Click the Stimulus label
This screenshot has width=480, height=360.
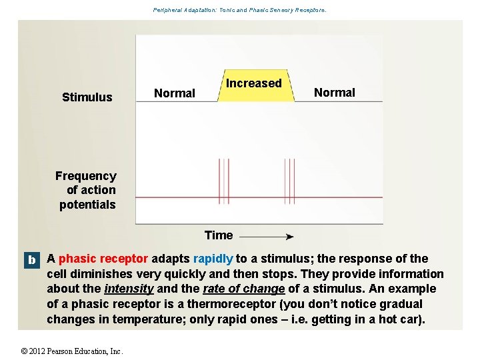pos(87,97)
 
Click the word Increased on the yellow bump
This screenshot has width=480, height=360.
pos(253,83)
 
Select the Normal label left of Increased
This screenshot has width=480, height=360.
pos(175,93)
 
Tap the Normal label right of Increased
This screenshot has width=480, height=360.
pos(335,93)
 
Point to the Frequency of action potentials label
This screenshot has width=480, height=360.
pos(86,190)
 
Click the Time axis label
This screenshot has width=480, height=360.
pos(219,235)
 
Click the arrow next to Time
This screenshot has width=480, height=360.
pos(267,236)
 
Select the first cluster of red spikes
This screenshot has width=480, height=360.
pos(223,181)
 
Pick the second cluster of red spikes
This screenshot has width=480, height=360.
pos(289,181)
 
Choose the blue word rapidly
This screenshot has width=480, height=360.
pos(213,259)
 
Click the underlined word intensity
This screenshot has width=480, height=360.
pos(129,289)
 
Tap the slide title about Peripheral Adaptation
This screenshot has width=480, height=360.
pos(239,10)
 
